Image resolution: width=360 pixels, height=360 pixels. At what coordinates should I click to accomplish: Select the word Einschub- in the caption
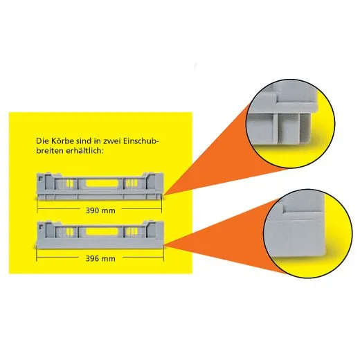pyautogui.click(x=143, y=141)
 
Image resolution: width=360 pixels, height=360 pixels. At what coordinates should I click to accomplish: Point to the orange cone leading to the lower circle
pyautogui.click(x=222, y=228)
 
